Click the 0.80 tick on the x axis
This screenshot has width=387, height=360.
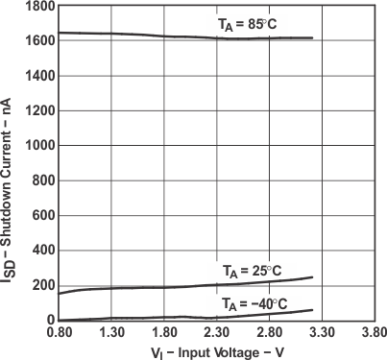pos(59,333)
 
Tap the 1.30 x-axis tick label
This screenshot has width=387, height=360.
pos(111,333)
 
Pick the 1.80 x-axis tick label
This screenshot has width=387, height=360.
pos(164,333)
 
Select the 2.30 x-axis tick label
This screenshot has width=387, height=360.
pos(217,333)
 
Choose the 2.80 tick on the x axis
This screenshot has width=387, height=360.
pos(270,333)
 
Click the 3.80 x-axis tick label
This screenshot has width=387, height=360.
pos(374,333)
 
